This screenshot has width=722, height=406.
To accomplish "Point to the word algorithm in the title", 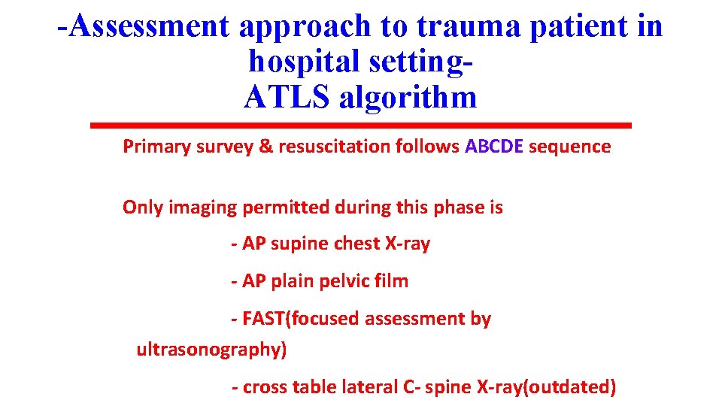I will click(408, 97).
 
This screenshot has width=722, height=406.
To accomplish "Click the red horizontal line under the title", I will click(361, 125).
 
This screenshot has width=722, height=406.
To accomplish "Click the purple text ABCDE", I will click(494, 146).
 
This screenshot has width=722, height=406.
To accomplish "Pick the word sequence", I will click(570, 146).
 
